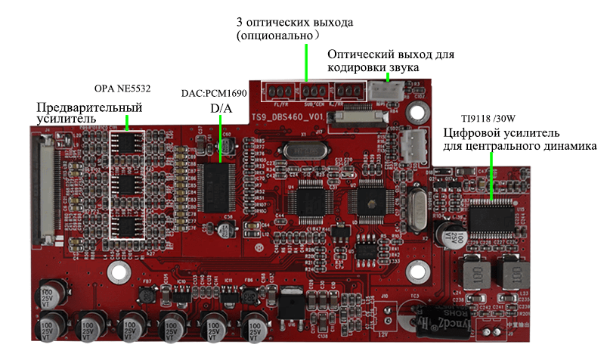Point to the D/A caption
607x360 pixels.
pos(221,110)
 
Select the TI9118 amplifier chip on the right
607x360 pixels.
pos(492,216)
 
